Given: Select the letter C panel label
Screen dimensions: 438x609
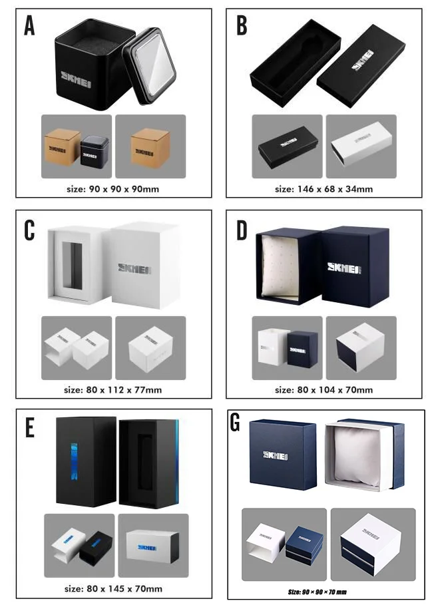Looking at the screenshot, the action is point(29,229).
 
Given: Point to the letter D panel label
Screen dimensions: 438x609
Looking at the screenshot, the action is point(242,229).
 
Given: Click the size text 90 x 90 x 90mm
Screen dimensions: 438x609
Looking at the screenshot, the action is point(112,188).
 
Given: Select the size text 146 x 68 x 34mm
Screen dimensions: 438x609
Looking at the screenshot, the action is point(324,188).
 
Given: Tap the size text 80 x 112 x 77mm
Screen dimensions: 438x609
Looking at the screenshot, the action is point(113,389).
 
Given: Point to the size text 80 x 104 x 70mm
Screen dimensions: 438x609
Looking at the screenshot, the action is point(324,389).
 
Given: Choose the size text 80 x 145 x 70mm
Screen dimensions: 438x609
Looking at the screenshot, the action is point(113,588).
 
